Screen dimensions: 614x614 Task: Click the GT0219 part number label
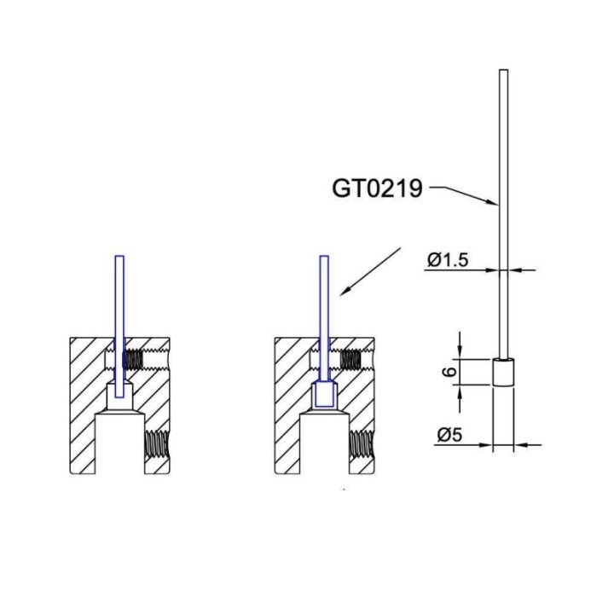click(377, 188)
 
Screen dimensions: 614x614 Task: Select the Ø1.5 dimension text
click(448, 259)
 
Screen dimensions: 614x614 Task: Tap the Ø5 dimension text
click(449, 435)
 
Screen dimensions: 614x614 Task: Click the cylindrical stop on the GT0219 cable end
click(503, 373)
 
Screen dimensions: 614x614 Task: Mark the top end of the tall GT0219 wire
click(504, 71)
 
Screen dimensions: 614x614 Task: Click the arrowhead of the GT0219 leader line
click(494, 202)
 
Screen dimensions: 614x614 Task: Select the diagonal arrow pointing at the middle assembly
click(370, 271)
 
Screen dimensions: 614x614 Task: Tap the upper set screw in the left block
click(131, 359)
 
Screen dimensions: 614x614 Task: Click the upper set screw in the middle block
click(350, 359)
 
